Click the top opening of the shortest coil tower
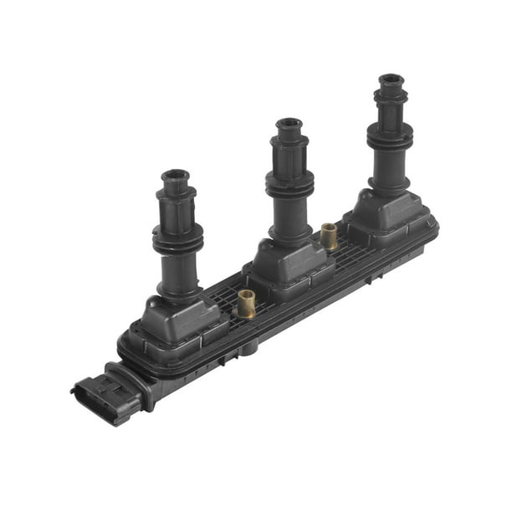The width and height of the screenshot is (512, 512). [x=176, y=175]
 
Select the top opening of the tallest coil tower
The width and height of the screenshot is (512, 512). [x=391, y=80]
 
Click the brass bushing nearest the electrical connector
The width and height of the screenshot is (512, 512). [x=246, y=304]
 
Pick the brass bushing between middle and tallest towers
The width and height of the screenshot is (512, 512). [x=329, y=236]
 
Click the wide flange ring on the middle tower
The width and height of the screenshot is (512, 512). [x=289, y=180]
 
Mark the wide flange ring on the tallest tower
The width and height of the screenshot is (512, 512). [x=389, y=133]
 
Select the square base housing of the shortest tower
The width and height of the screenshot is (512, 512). [x=180, y=318]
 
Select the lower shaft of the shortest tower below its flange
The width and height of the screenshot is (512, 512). [x=177, y=276]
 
